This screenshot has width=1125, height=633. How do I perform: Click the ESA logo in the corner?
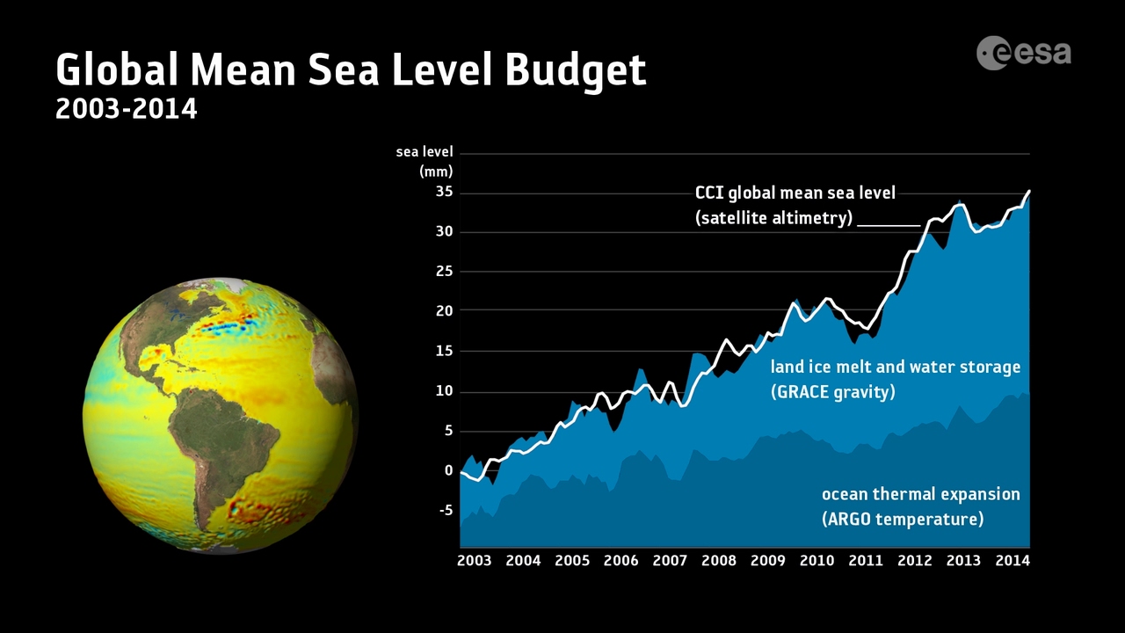tap(1024, 53)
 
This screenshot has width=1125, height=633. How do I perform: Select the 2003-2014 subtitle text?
tap(126, 109)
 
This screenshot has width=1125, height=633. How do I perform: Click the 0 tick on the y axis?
tap(448, 470)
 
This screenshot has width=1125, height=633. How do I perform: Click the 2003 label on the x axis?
tap(474, 561)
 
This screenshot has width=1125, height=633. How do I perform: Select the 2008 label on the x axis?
tap(719, 561)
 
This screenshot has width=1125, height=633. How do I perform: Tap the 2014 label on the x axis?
tap(1012, 561)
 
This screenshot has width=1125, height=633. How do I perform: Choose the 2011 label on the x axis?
tap(866, 561)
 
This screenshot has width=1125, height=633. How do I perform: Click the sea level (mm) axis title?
tap(425, 161)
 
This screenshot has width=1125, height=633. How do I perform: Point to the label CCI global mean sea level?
tap(795, 193)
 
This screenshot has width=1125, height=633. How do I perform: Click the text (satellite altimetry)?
tap(773, 218)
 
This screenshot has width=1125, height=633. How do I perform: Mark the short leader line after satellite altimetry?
tap(889, 225)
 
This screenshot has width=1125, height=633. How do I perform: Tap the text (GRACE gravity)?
tap(832, 392)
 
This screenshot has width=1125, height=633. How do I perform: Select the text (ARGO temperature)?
tap(902, 519)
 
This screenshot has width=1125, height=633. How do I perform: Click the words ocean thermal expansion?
tap(920, 494)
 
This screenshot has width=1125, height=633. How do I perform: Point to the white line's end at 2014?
tap(1029, 191)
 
